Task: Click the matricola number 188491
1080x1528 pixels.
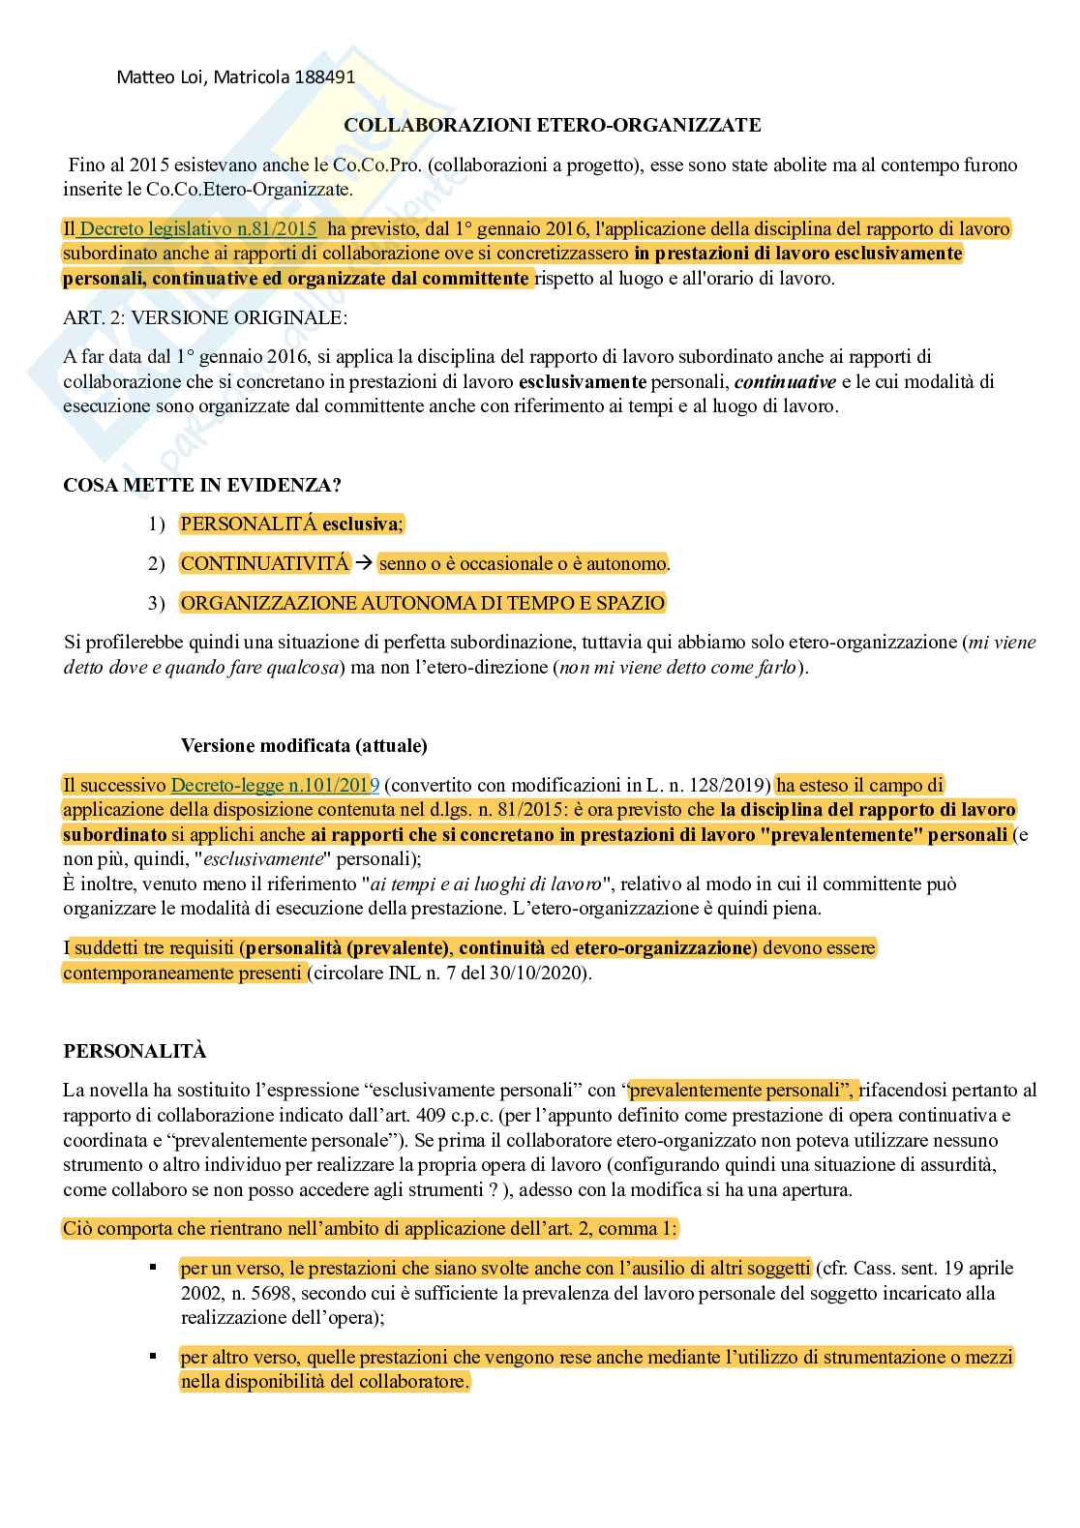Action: point(323,76)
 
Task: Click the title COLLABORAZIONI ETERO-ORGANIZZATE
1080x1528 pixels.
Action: point(553,125)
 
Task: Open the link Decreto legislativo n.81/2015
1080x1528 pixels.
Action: point(197,229)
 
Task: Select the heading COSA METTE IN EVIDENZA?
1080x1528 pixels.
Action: point(202,485)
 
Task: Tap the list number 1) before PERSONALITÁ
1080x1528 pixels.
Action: point(157,524)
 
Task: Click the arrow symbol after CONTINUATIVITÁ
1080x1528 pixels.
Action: point(363,563)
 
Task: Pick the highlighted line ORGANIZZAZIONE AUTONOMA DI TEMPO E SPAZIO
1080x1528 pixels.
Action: point(423,603)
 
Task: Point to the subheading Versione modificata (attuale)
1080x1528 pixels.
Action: point(304,745)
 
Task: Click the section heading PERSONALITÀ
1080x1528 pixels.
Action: point(135,1051)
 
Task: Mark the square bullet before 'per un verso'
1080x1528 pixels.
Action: point(153,1266)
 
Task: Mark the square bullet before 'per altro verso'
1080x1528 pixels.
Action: point(153,1355)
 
